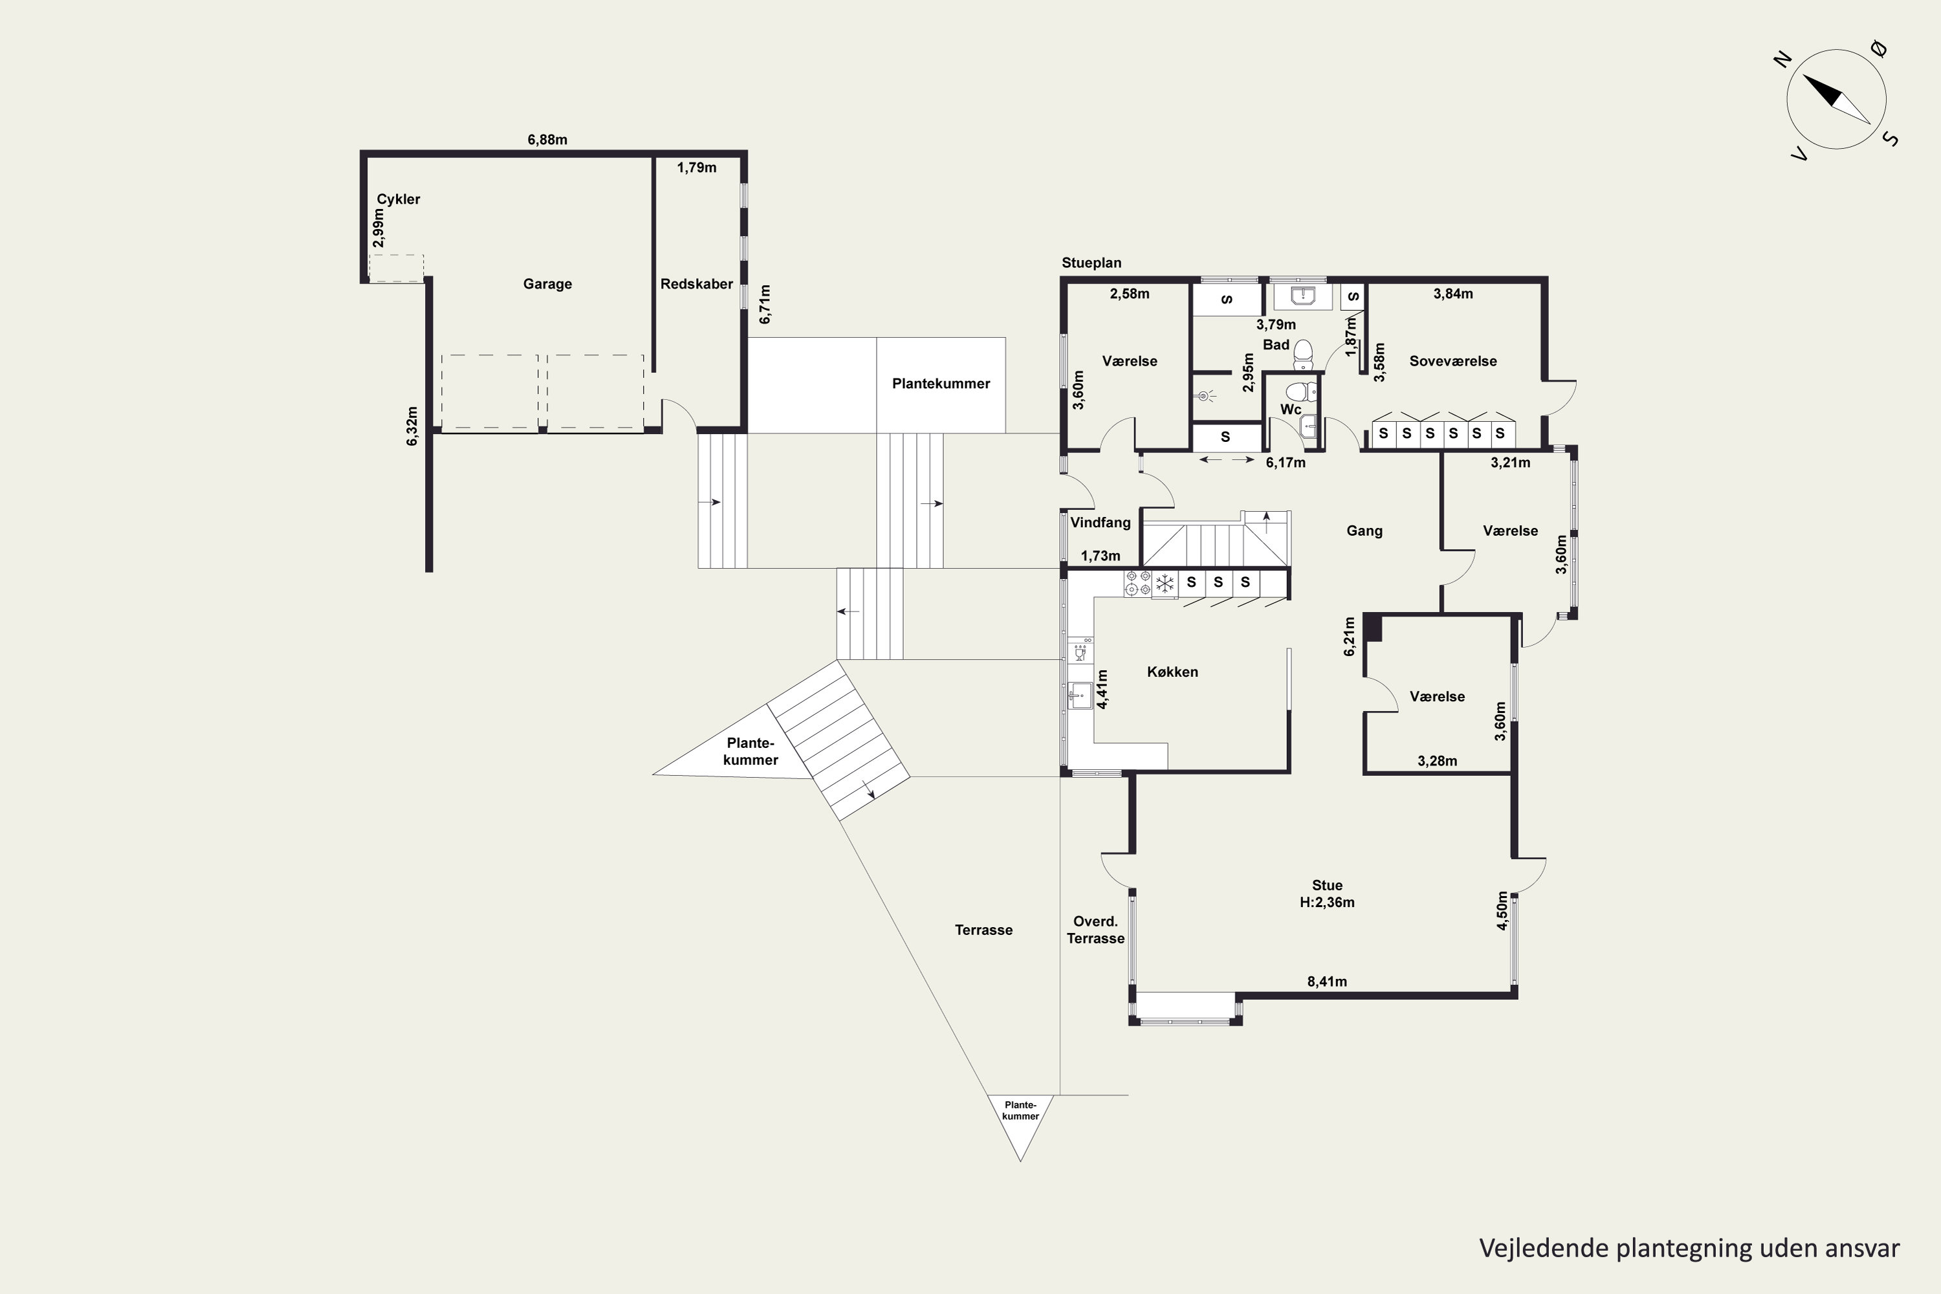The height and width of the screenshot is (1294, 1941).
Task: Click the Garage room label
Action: pyautogui.click(x=547, y=284)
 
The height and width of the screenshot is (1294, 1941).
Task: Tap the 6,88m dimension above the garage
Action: pyautogui.click(x=547, y=140)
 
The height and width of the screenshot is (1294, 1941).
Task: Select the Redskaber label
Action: pyautogui.click(x=697, y=284)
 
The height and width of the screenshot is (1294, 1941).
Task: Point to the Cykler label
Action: pyautogui.click(x=399, y=199)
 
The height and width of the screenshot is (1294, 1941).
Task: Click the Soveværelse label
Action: pyautogui.click(x=1453, y=360)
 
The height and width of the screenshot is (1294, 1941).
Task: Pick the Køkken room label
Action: pyautogui.click(x=1172, y=672)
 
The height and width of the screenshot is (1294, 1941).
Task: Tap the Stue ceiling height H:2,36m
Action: pyautogui.click(x=1327, y=902)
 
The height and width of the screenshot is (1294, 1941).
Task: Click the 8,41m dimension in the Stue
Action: pyautogui.click(x=1327, y=981)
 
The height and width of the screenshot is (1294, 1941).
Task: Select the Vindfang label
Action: pyautogui.click(x=1100, y=522)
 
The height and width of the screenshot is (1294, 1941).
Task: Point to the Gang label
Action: pyautogui.click(x=1364, y=531)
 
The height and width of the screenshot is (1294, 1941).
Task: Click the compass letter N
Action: pyautogui.click(x=1782, y=60)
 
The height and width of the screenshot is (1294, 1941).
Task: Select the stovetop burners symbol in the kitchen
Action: pyautogui.click(x=1139, y=583)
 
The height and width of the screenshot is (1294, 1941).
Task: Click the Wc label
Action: pyautogui.click(x=1291, y=410)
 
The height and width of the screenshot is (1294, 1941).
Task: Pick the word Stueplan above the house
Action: pyautogui.click(x=1091, y=263)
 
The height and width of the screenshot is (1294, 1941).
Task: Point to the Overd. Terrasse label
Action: pyautogui.click(x=1095, y=930)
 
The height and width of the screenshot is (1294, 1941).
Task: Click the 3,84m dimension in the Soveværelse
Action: pyautogui.click(x=1453, y=293)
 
